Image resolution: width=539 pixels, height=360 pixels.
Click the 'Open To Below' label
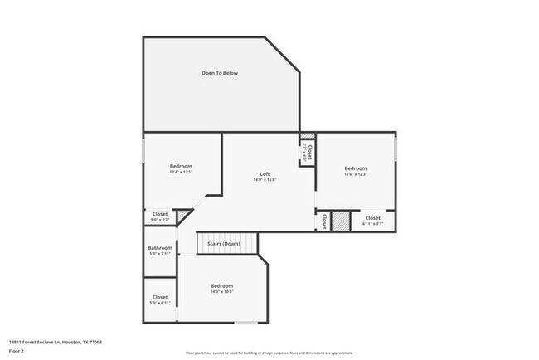pyautogui.click(x=219, y=73)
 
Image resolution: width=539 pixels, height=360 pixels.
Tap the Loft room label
pyautogui.click(x=265, y=173)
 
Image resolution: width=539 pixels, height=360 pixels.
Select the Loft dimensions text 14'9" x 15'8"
pyautogui.click(x=265, y=180)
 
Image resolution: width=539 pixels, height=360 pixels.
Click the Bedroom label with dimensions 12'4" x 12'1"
pyautogui.click(x=181, y=166)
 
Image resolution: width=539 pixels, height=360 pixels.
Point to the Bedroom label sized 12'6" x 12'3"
pyautogui.click(x=355, y=168)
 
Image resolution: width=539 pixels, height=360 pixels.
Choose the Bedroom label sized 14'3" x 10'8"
pyautogui.click(x=221, y=285)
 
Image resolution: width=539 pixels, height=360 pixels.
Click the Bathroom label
pyautogui.click(x=160, y=248)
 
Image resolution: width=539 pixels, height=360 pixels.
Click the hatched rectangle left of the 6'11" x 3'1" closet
pyautogui.click(x=341, y=221)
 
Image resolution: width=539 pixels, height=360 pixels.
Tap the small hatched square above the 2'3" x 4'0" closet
pyautogui.click(x=308, y=135)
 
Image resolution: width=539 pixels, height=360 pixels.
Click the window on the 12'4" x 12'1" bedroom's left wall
pyautogui.click(x=144, y=153)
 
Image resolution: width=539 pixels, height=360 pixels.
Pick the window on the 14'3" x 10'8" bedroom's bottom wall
pyautogui.click(x=245, y=323)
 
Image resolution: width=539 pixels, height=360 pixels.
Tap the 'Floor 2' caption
pyautogui.click(x=17, y=351)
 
